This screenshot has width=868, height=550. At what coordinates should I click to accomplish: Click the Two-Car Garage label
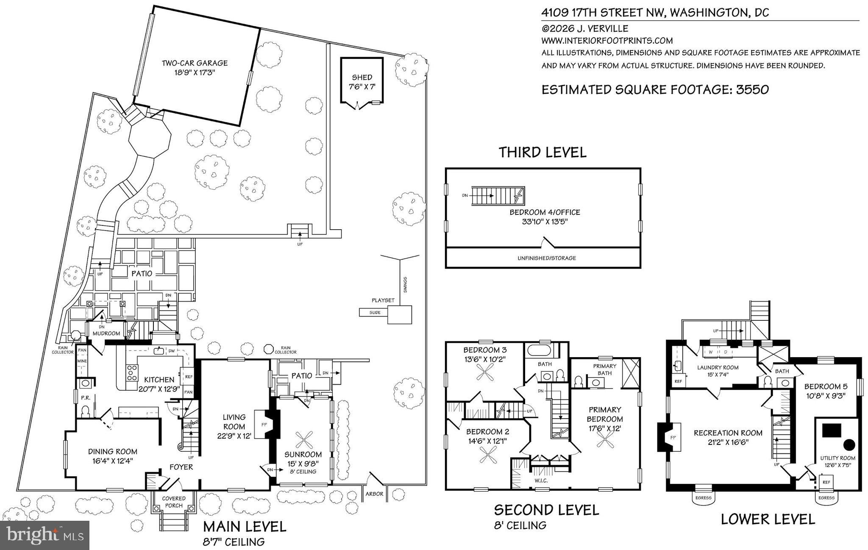tap(195, 63)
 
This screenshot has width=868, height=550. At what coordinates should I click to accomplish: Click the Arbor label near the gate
tap(375, 494)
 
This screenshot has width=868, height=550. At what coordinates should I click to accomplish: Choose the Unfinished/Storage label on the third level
tap(547, 258)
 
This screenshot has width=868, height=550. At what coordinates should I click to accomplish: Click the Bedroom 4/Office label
tap(545, 212)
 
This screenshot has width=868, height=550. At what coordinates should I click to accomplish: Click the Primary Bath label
tap(605, 369)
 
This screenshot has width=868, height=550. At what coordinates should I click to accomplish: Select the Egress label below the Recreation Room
tap(704, 498)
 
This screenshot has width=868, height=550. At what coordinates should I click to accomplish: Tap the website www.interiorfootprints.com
tap(607, 41)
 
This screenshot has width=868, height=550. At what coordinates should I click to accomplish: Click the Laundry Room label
tap(718, 367)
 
